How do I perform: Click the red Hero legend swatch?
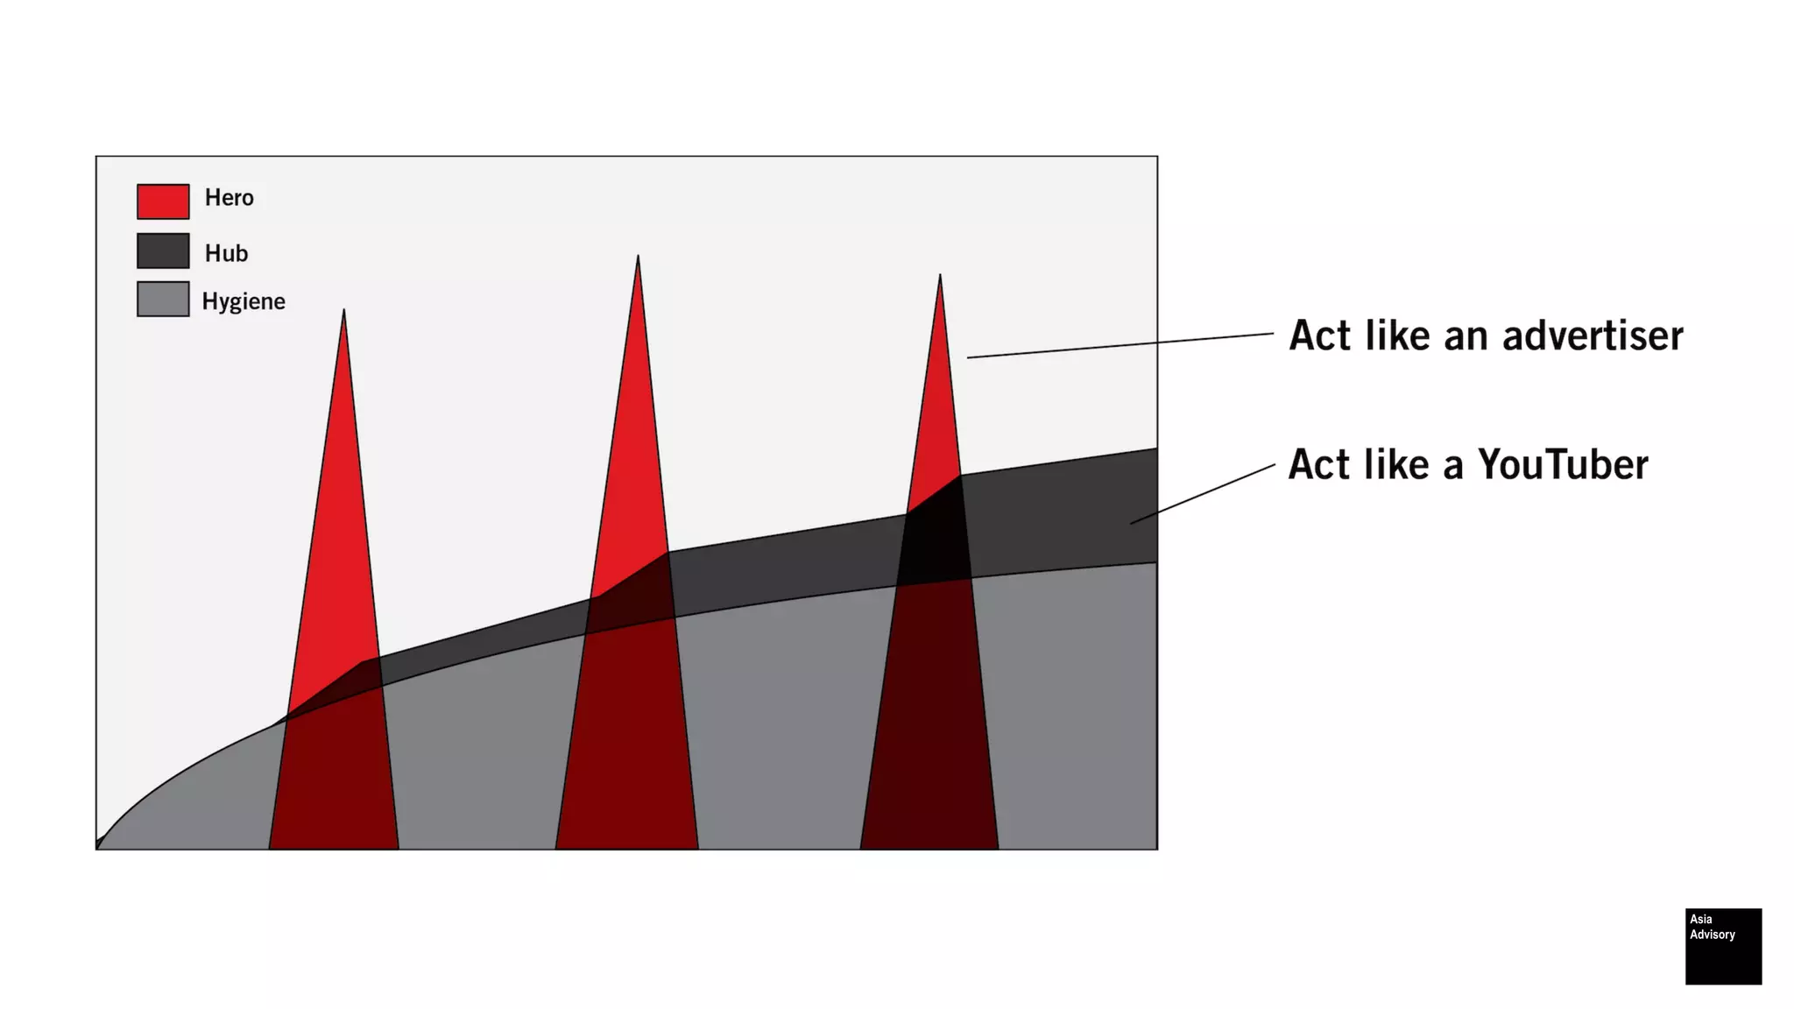point(163,201)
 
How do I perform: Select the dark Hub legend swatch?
point(163,250)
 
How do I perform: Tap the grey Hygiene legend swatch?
point(163,299)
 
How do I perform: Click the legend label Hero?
point(229,198)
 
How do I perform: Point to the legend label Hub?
point(226,254)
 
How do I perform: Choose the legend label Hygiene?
point(244,301)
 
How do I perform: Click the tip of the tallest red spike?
point(638,258)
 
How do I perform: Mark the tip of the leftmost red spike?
point(343,312)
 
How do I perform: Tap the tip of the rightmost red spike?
point(940,278)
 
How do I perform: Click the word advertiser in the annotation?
point(1593,336)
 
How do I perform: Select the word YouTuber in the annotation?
point(1563,465)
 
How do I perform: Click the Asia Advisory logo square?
point(1723,946)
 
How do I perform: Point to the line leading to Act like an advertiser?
point(1120,345)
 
